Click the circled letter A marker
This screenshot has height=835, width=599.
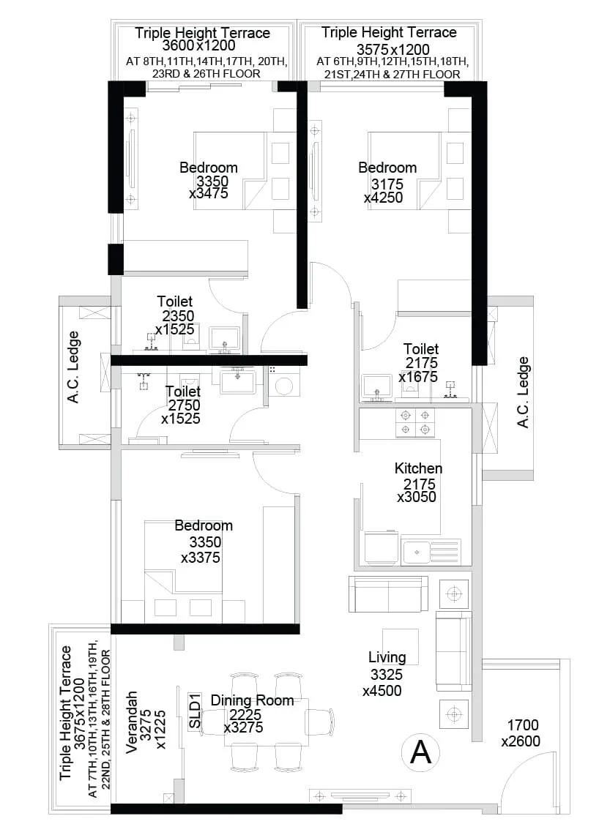[421, 752]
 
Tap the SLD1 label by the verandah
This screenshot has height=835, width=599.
[195, 711]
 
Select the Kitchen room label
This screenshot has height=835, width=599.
[418, 468]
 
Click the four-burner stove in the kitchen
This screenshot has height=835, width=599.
[415, 422]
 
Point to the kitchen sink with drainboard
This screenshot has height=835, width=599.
[431, 551]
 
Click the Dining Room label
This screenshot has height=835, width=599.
[252, 700]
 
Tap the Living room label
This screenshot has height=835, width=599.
[387, 657]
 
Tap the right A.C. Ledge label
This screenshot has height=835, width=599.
[523, 392]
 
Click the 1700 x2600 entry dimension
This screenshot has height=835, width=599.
[521, 733]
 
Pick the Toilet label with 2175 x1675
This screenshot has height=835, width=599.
[421, 349]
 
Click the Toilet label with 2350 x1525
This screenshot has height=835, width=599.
[175, 301]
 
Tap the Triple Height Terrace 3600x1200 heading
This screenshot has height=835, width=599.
[203, 33]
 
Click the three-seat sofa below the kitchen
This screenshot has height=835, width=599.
[388, 594]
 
